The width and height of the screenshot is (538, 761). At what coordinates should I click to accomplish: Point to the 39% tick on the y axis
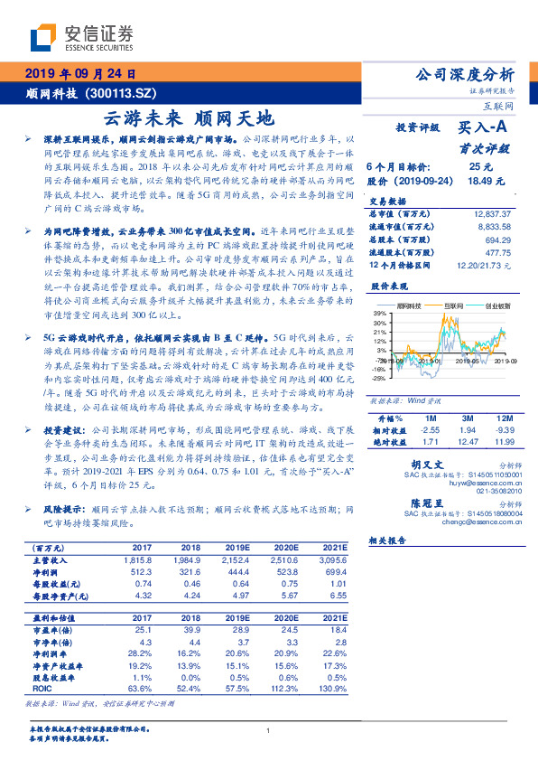(379, 314)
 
